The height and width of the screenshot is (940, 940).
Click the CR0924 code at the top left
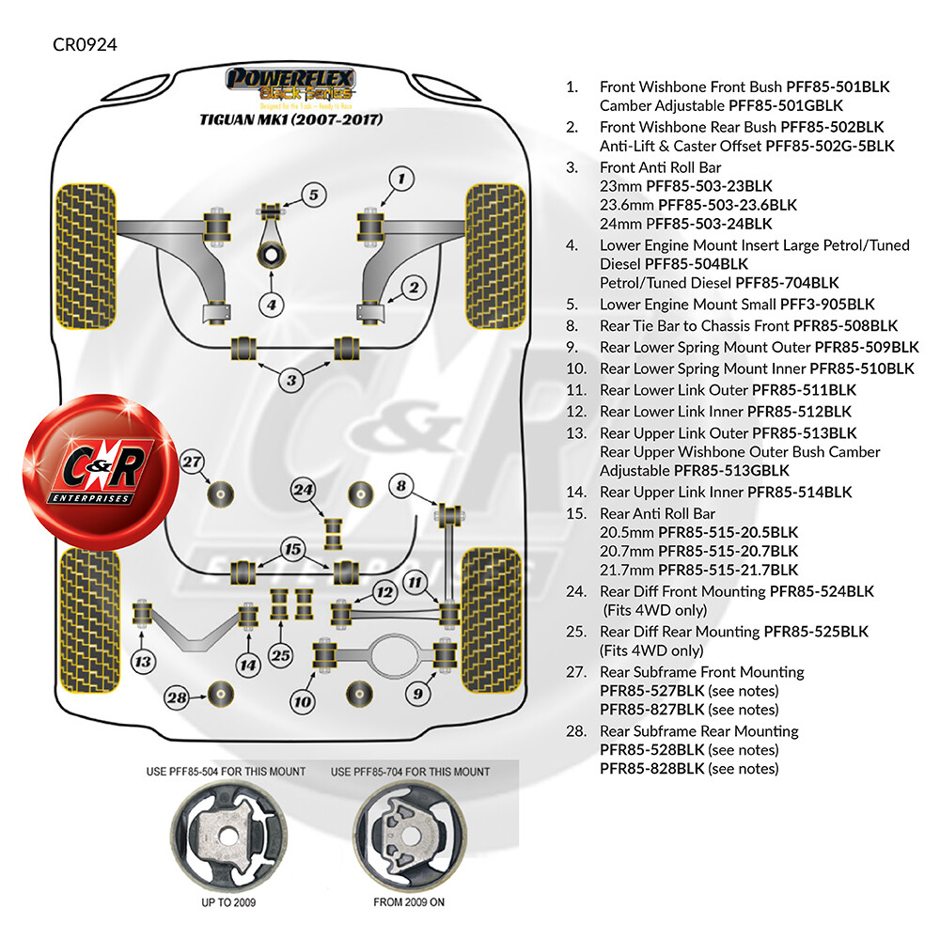[x=85, y=45]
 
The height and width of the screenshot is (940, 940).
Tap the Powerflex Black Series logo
[x=290, y=86]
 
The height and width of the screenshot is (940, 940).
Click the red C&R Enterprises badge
[x=101, y=472]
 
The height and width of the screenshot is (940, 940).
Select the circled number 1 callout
[x=401, y=179]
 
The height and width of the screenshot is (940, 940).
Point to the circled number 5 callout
[x=314, y=195]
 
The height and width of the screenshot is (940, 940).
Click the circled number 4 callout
[x=272, y=305]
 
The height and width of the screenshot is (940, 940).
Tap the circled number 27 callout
[x=192, y=462]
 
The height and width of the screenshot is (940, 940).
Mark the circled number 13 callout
[x=143, y=662]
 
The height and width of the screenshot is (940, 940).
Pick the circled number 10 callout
[x=302, y=701]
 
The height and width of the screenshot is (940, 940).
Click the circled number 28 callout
[x=178, y=697]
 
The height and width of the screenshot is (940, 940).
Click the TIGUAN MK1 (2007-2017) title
[x=291, y=119]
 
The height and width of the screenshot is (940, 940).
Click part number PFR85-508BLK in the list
[x=845, y=326]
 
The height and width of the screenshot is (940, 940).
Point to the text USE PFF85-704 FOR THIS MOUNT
[x=410, y=772]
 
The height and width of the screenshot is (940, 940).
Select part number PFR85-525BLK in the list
[x=816, y=632]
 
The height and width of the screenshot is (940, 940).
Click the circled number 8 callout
[x=401, y=486]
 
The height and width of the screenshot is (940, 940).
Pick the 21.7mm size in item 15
[x=626, y=571]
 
